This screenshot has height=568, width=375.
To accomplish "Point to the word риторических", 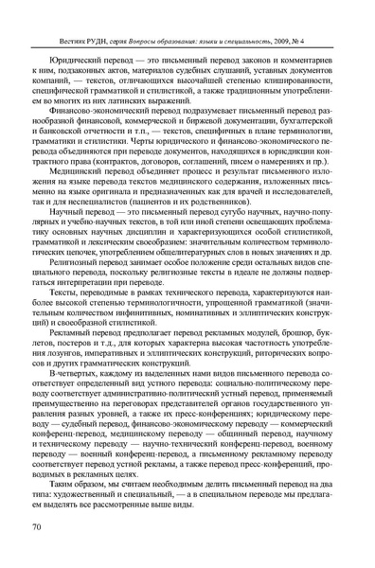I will [279, 381].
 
